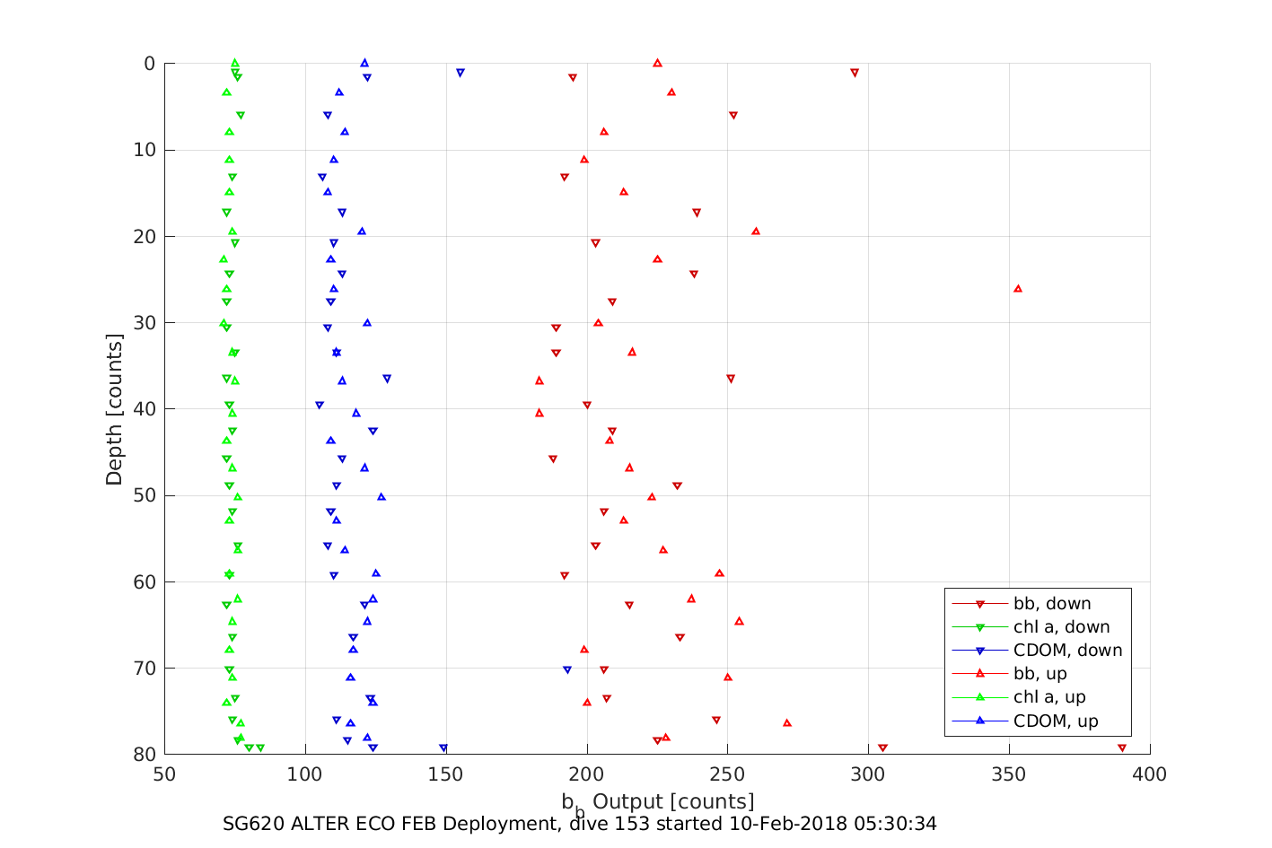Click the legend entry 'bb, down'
(1052, 604)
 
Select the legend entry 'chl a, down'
(1061, 627)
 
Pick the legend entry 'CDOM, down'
(1067, 651)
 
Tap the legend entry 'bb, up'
(1040, 674)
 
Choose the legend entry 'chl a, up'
(1049, 697)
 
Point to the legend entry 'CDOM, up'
(1056, 721)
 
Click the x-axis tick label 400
(1149, 774)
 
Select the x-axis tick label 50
(165, 774)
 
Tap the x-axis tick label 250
(727, 774)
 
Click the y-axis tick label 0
(149, 64)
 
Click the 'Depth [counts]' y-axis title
(114, 409)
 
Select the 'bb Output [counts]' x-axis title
(658, 801)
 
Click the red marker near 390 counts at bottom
(1122, 747)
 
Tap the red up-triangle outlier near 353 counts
(1018, 288)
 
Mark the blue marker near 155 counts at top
(461, 73)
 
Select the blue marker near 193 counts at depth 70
(567, 669)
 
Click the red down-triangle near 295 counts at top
(855, 73)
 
